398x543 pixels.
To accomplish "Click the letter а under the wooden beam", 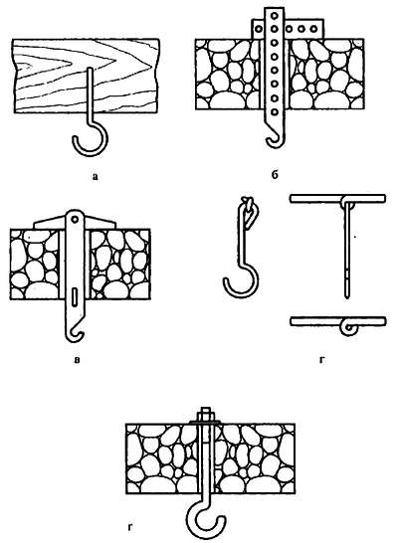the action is point(96,177).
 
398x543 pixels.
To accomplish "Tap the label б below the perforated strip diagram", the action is point(275,175).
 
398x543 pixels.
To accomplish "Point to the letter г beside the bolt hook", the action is point(130,528).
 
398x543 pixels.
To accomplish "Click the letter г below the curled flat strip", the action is point(322,360).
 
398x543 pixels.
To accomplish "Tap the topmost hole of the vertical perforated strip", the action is point(275,15).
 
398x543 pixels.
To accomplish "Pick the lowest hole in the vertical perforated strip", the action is point(275,111).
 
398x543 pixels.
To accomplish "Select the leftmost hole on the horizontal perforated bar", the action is point(258,29).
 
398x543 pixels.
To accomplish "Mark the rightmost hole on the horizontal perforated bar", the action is point(313,29).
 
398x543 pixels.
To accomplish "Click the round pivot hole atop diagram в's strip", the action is point(75,219).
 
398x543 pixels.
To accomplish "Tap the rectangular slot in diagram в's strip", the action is point(75,297).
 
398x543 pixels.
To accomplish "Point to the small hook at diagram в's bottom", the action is point(74,337).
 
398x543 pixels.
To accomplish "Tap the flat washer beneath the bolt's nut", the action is point(204,422).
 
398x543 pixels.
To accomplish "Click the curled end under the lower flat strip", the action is point(349,328).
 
